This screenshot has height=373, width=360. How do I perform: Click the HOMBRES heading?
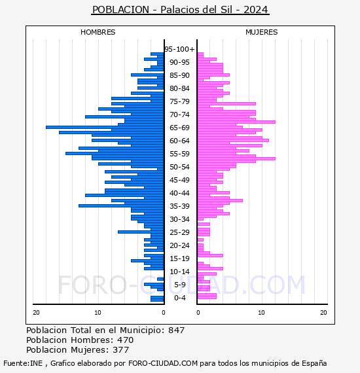98,32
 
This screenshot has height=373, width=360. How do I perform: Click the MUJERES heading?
262,32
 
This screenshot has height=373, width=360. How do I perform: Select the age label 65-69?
179,128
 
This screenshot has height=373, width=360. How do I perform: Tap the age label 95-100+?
179,49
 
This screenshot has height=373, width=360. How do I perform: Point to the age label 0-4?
179,298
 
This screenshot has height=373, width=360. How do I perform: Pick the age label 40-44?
179,193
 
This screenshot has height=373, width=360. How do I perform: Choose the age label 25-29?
179,232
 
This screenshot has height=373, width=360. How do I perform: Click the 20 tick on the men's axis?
36,313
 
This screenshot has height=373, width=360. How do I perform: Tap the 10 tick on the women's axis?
261,313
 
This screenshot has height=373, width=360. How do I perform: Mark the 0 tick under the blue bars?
163,313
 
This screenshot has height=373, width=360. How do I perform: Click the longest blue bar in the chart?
105,127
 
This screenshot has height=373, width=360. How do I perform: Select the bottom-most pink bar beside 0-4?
207,296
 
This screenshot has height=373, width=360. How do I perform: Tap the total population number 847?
176,330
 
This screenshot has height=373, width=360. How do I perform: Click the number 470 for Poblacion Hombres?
125,340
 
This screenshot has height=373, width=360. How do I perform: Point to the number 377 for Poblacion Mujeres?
120,350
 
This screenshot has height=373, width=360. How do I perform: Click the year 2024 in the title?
256,10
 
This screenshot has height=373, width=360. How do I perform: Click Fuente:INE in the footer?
23,363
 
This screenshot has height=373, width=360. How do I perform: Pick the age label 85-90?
179,75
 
